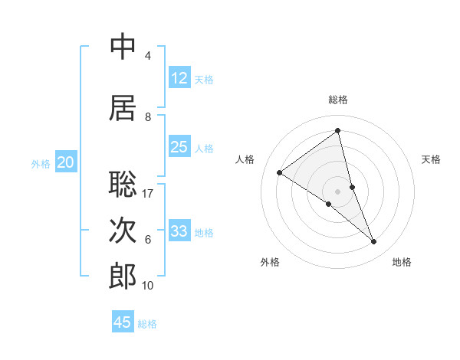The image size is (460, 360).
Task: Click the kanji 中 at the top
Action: [123, 47]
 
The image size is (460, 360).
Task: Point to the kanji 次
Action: [123, 230]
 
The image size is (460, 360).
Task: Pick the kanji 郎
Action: [123, 277]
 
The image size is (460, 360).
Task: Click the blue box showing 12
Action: [179, 78]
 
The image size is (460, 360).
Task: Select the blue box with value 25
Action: [179, 147]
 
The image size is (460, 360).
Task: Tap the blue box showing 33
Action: [179, 231]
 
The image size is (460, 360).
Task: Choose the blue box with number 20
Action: [66, 162]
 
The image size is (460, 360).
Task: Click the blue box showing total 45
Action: [123, 322]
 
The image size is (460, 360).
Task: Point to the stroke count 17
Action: [149, 193]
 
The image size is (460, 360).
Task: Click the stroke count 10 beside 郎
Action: [148, 286]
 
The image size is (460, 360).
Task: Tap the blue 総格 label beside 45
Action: [147, 324]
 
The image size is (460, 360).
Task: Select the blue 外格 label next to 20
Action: [41, 163]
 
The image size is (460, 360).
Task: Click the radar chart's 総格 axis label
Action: [338, 100]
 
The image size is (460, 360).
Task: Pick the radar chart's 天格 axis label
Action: [432, 159]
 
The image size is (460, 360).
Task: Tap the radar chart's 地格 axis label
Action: [402, 262]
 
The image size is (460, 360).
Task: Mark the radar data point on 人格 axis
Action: [280, 172]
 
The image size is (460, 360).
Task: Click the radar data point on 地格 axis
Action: [374, 242]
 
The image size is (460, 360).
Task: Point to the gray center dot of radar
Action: [338, 191]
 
